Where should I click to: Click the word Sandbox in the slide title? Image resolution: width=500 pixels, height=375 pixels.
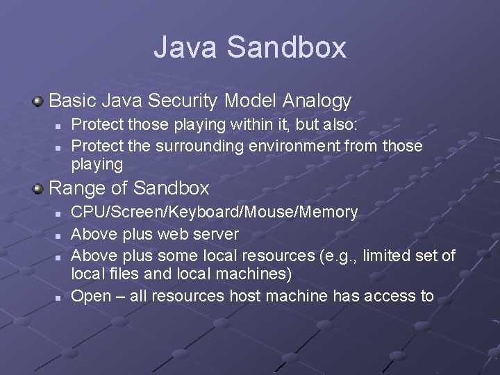pyautogui.click(x=286, y=47)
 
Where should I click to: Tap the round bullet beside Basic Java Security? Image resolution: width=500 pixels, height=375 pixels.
pyautogui.click(x=38, y=102)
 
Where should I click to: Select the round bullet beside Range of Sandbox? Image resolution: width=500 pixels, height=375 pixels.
pyautogui.click(x=38, y=189)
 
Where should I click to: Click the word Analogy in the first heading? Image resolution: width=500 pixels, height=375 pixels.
pyautogui.click(x=317, y=101)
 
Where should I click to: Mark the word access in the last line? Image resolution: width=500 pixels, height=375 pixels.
pyautogui.click(x=389, y=296)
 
